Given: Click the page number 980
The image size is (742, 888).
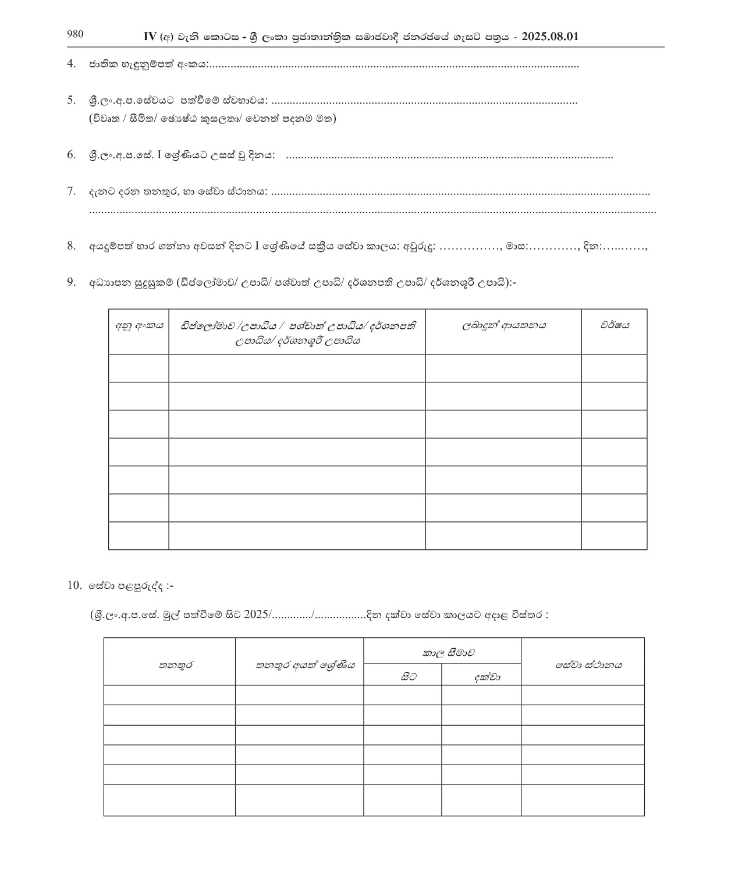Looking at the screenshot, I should click(75, 34).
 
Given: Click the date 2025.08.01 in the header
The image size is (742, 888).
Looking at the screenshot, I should click(550, 37).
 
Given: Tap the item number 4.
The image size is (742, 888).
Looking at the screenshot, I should click(71, 63).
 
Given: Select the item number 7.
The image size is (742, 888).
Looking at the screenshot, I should click(71, 191).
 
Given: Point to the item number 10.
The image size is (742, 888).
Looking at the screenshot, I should click(74, 585).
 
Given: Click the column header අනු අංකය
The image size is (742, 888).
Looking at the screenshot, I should click(139, 326).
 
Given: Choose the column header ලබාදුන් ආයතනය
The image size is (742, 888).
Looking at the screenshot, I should click(503, 326).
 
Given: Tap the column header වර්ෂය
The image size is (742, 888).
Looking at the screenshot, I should click(615, 326).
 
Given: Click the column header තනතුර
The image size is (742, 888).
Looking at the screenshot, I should click(176, 665).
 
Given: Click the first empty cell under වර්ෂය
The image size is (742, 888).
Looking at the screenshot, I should click(614, 368).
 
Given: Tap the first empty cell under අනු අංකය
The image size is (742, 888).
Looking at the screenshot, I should click(139, 368).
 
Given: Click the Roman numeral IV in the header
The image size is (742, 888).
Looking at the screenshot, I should click(150, 37).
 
